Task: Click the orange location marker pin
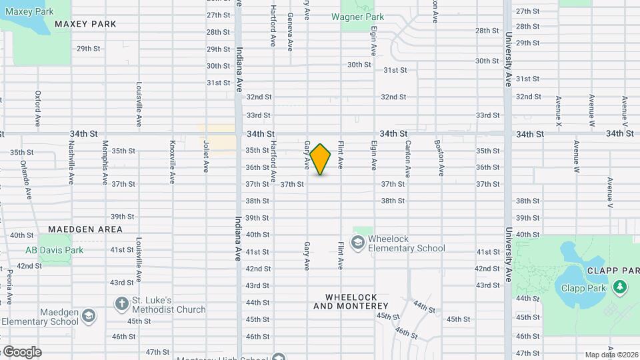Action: [x=321, y=159]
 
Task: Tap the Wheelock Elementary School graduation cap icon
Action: [x=358, y=241]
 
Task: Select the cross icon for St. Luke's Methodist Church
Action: [x=121, y=304]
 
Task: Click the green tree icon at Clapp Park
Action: [x=621, y=287]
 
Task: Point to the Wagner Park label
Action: [x=362, y=17]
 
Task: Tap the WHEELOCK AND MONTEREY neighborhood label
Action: [x=351, y=301]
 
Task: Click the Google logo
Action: [x=22, y=352]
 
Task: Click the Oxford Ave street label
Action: [x=38, y=109]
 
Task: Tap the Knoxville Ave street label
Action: [x=172, y=162]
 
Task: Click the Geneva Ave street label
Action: [x=290, y=32]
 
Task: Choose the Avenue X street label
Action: [x=559, y=110]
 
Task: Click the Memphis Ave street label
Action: [x=105, y=162]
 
